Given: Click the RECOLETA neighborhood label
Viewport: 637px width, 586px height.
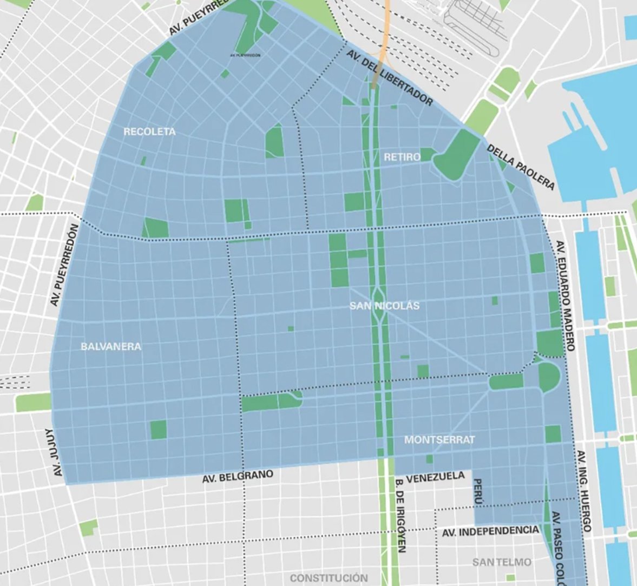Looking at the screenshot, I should click(x=149, y=131).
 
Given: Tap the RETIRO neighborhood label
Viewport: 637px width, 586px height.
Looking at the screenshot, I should click(x=402, y=157).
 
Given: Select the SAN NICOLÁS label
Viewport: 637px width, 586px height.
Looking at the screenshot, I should click(x=384, y=306).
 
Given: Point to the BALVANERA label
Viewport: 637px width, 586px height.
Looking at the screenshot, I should click(x=111, y=346).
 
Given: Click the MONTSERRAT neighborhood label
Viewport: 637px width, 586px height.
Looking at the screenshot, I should click(x=439, y=439).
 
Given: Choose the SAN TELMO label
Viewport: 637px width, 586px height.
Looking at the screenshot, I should click(x=501, y=562).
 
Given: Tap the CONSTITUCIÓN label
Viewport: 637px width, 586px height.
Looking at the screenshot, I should click(x=329, y=577).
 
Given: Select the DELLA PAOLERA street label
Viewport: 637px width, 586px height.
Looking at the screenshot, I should click(x=521, y=167).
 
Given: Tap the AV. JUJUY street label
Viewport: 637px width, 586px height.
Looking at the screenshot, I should click(x=53, y=453).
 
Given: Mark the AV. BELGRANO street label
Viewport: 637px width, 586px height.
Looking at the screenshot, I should click(x=238, y=477).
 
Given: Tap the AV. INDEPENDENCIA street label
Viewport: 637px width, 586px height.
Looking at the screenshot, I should click(x=490, y=531).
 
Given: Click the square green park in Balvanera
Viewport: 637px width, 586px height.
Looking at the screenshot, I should click(x=159, y=430).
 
